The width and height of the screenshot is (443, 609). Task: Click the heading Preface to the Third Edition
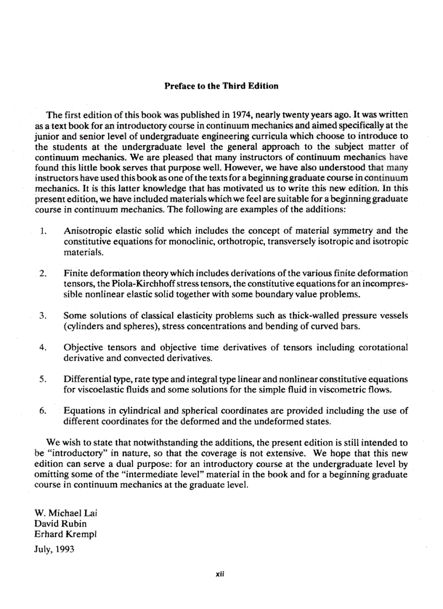coord(221,86)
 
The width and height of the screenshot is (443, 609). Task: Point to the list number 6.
coord(43,411)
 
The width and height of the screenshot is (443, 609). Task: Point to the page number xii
coord(220,576)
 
